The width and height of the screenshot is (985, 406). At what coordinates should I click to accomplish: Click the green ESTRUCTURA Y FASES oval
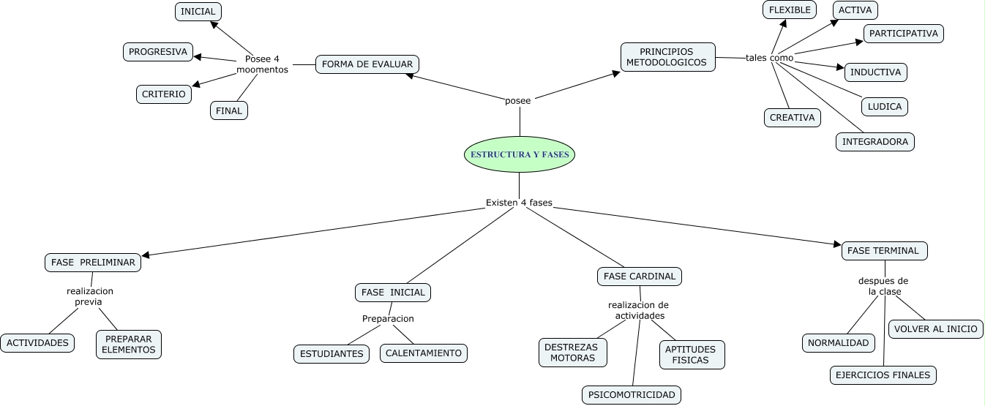(x=520, y=154)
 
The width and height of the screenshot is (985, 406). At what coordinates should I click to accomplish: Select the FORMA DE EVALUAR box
(x=367, y=64)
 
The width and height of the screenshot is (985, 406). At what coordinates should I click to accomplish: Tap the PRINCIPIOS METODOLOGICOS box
(x=667, y=57)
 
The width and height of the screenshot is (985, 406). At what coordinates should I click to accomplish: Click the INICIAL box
(x=198, y=12)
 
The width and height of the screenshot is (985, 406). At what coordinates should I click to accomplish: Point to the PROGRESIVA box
(x=158, y=52)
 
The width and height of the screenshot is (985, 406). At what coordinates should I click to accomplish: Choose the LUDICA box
(x=884, y=106)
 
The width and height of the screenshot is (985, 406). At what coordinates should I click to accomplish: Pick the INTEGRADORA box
(x=874, y=141)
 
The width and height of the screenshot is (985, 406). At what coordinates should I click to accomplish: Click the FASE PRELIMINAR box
(x=93, y=263)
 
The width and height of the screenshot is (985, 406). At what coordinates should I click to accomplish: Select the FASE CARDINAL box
(x=640, y=277)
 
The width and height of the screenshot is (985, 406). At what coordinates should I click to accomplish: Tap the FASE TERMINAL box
(x=884, y=251)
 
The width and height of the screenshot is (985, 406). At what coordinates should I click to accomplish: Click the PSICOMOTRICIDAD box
(x=632, y=395)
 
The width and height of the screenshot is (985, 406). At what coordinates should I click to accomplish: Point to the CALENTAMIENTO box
(x=423, y=353)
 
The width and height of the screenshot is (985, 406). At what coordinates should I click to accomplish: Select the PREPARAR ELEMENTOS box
(x=129, y=345)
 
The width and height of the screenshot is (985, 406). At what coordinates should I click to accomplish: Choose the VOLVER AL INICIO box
(x=935, y=329)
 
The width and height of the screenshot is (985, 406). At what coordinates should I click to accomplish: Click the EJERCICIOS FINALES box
(x=883, y=375)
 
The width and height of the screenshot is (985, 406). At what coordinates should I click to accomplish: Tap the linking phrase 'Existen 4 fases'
(x=519, y=203)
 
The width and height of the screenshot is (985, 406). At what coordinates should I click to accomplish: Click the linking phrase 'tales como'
(x=769, y=58)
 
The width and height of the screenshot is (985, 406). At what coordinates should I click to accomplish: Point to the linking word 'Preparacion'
(x=388, y=319)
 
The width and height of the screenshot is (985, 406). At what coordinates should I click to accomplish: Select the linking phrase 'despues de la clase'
(x=883, y=286)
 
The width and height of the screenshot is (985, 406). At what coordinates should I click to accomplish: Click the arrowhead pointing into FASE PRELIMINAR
(x=146, y=255)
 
